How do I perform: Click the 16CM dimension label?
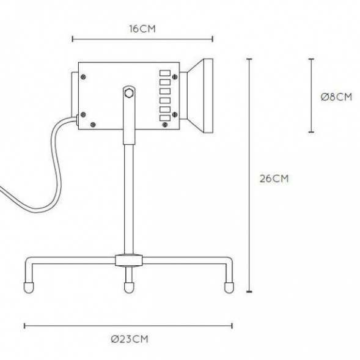tap(142, 29)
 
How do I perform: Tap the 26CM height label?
tap(274, 178)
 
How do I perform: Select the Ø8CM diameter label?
tap(336, 97)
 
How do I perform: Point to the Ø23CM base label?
tap(130, 339)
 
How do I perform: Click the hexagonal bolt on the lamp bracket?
tap(128, 94)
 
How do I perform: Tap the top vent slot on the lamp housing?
tap(165, 73)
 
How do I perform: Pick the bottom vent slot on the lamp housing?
tap(165, 118)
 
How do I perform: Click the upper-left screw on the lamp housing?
tap(83, 77)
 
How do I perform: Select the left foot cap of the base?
tap(29, 287)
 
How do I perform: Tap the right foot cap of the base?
tap(229, 287)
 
